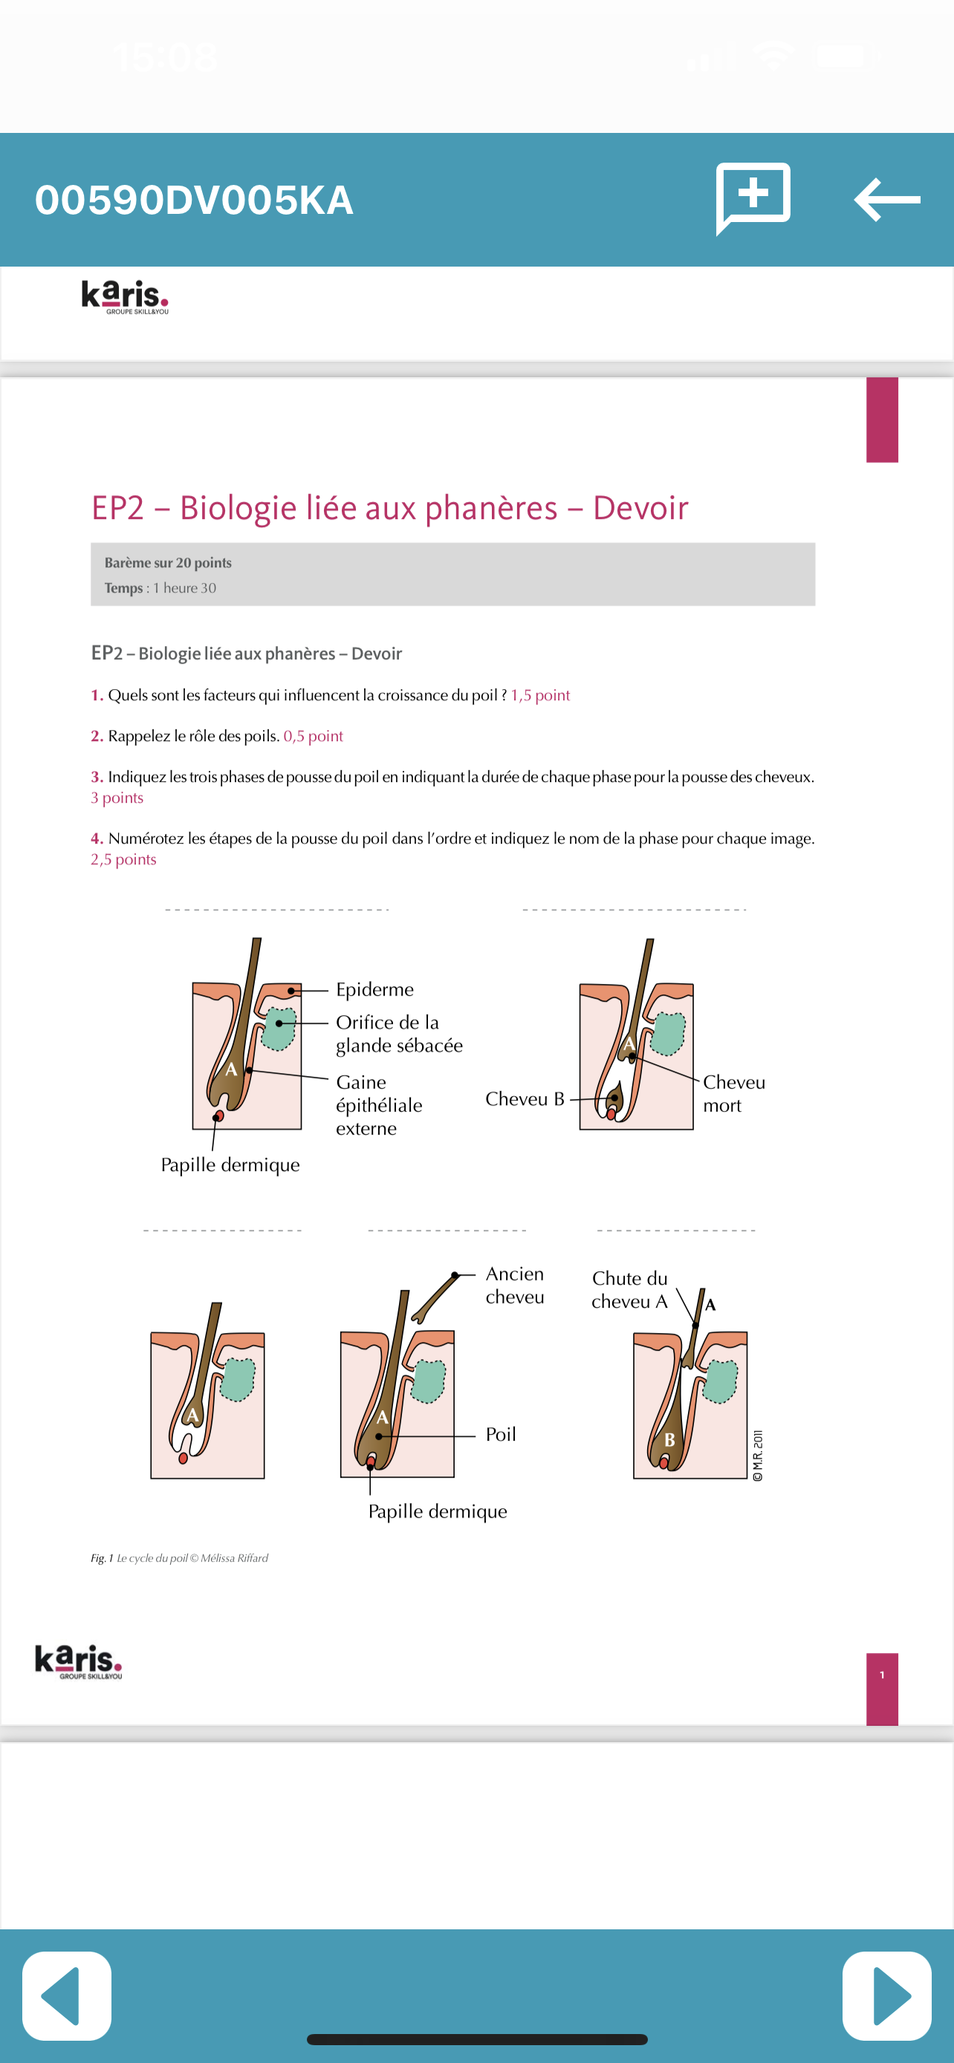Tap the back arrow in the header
point(886,200)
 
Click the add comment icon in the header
point(753,197)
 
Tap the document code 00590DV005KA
point(194,201)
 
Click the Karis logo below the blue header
point(125,296)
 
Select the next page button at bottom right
point(886,1995)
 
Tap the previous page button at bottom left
point(66,1995)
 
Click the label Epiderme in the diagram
point(374,989)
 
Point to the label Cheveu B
point(525,1099)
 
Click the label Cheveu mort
point(733,1093)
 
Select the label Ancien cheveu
point(514,1285)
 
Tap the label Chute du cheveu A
point(629,1289)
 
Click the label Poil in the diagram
point(501,1433)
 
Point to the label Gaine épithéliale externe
point(378,1104)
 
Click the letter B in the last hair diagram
point(669,1440)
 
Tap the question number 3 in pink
point(96,777)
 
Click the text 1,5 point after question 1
point(540,695)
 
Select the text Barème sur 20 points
point(167,562)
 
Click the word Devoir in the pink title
point(640,508)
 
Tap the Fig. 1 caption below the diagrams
point(179,1558)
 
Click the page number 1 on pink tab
point(882,1675)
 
